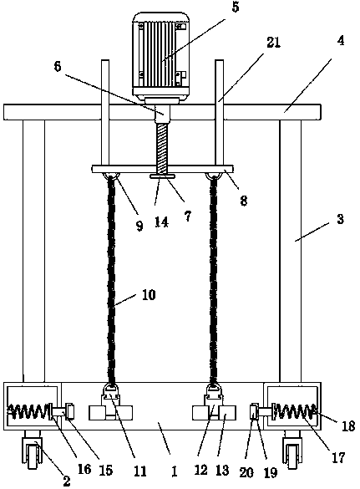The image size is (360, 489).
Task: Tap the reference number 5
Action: point(236,7)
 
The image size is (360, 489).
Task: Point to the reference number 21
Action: point(273,43)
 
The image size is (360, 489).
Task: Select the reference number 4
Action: point(341,41)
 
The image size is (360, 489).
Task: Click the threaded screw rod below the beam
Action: point(162,149)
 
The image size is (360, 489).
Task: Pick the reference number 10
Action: point(149,295)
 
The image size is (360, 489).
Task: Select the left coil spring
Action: point(28,412)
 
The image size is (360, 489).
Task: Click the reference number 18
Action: point(348,426)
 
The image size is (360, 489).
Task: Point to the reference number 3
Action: point(340,219)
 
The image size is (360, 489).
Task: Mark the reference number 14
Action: point(161,222)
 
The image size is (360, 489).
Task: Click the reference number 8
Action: point(244,201)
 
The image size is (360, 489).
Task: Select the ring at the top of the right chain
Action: point(214,177)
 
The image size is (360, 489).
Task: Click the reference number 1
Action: point(175,471)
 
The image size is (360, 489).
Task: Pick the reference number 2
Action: point(66,481)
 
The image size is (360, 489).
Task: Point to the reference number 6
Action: point(58,66)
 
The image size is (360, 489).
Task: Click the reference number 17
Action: point(338,458)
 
